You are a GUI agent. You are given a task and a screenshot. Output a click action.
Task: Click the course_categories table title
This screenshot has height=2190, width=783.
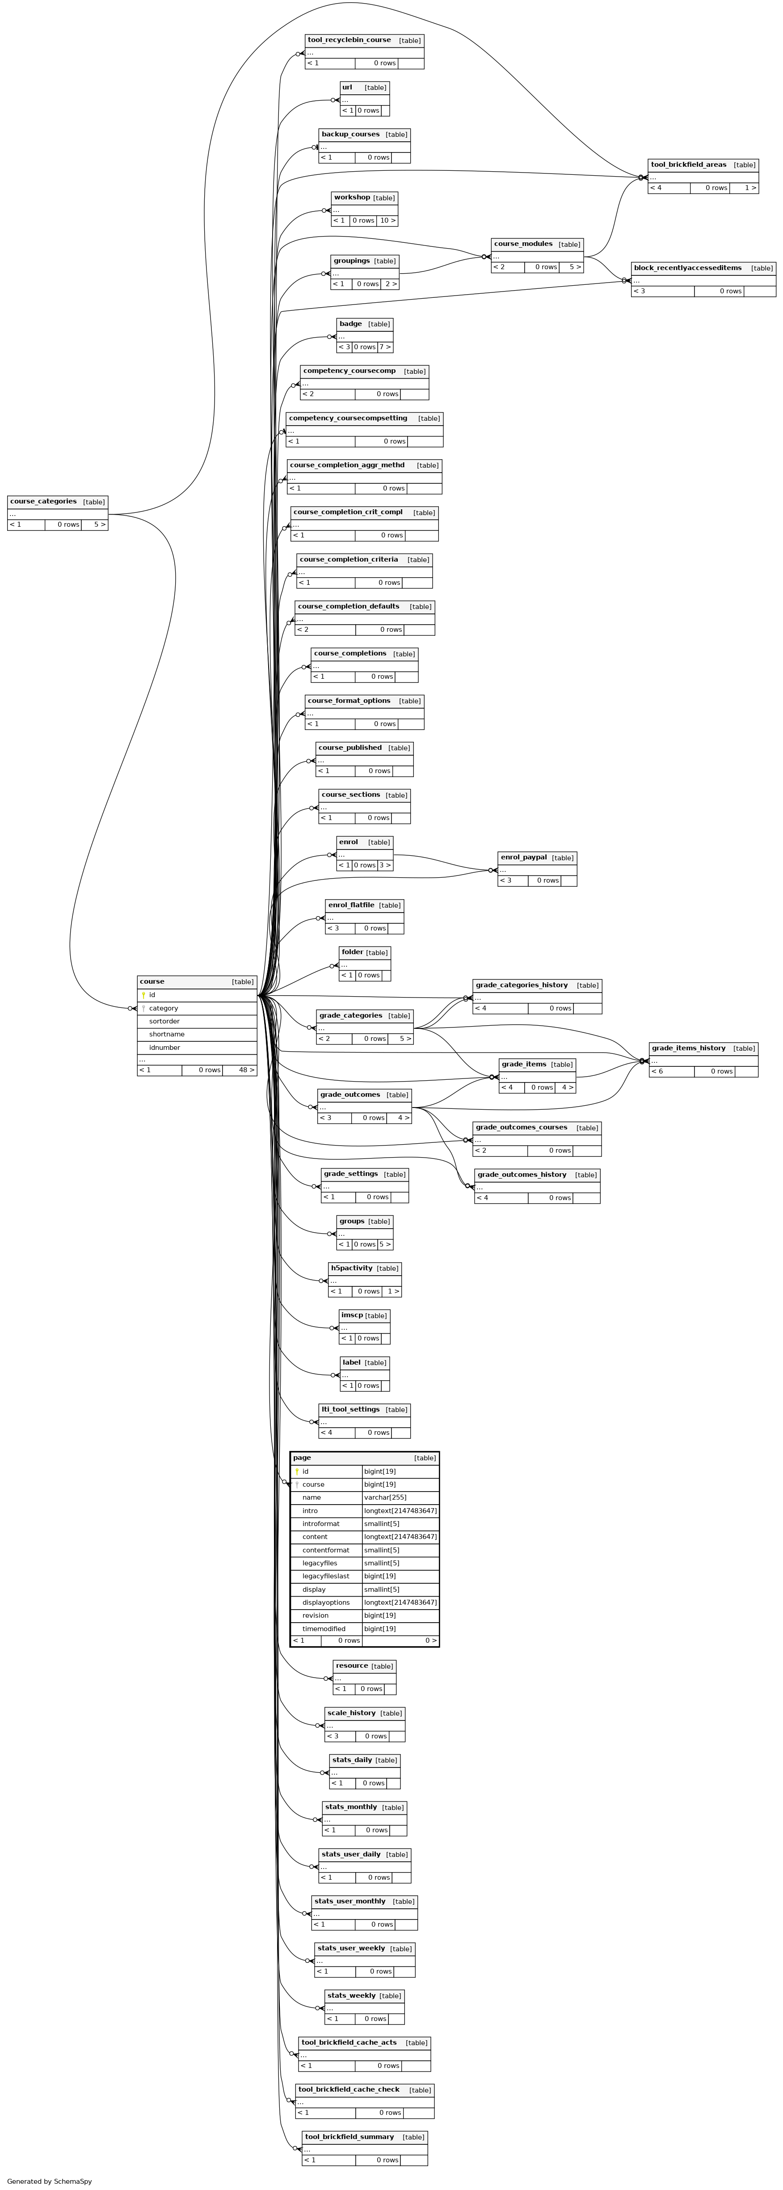point(43,502)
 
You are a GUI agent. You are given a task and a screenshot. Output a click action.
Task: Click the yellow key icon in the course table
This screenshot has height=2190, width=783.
point(143,995)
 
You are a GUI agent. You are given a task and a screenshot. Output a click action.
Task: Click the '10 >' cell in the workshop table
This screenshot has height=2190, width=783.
point(387,220)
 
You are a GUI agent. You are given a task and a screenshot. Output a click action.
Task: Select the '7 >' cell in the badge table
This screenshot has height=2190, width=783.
point(385,347)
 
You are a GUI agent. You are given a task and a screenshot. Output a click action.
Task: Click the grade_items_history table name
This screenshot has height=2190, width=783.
point(689,1048)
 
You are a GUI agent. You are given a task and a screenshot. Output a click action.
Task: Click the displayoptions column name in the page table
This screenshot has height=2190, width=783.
point(326,1602)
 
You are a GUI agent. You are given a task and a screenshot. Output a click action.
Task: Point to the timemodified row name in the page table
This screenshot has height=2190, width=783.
point(324,1629)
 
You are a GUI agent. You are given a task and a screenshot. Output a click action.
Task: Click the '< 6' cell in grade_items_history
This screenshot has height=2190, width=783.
point(657,1071)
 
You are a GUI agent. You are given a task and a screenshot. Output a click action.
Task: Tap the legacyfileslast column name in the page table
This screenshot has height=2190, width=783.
point(326,1576)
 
